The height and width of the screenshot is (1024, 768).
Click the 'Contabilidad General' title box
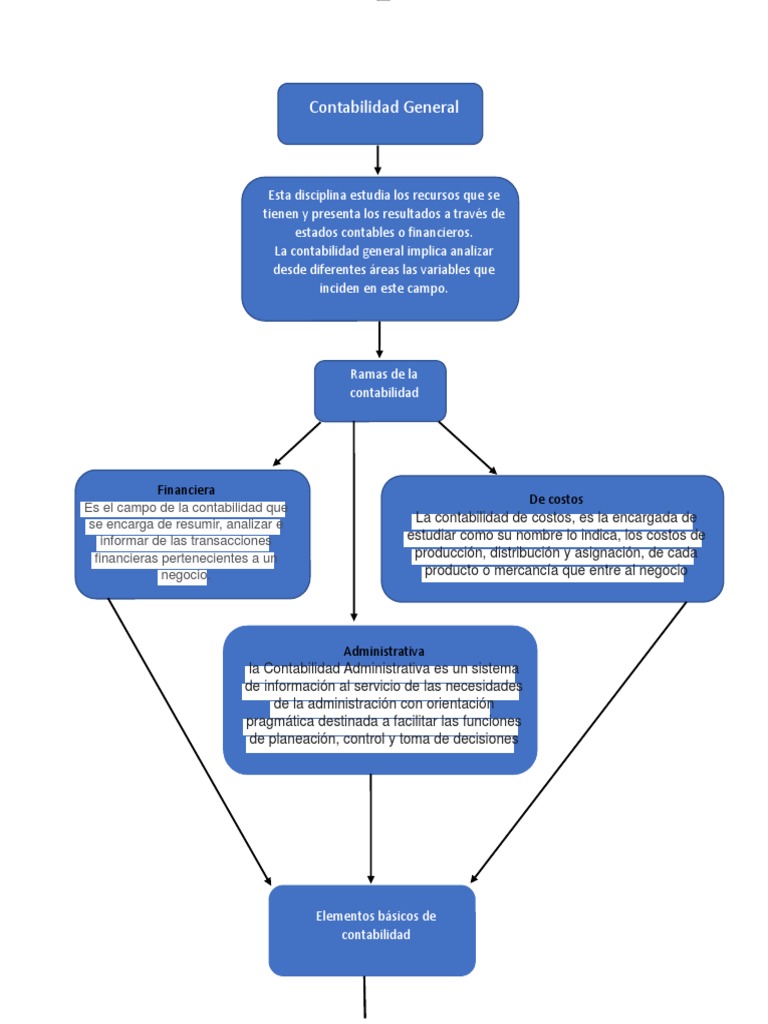tap(380, 113)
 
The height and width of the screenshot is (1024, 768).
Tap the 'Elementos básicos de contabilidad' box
tap(372, 929)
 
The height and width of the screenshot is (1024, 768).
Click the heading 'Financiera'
tap(186, 490)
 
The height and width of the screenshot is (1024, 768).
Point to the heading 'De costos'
tap(556, 499)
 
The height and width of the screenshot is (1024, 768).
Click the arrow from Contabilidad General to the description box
tap(378, 160)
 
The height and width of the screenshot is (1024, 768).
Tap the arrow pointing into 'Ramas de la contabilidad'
tap(380, 340)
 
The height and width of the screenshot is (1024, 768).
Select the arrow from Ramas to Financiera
tap(296, 444)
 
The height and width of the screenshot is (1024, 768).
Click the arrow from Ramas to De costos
tap(467, 447)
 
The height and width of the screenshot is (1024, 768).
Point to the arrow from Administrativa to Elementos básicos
tap(371, 830)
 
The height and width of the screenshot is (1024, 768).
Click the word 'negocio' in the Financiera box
tap(183, 576)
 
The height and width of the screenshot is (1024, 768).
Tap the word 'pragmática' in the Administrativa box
tap(279, 722)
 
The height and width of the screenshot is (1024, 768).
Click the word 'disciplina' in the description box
tap(322, 195)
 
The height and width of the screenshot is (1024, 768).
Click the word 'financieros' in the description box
tap(435, 232)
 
